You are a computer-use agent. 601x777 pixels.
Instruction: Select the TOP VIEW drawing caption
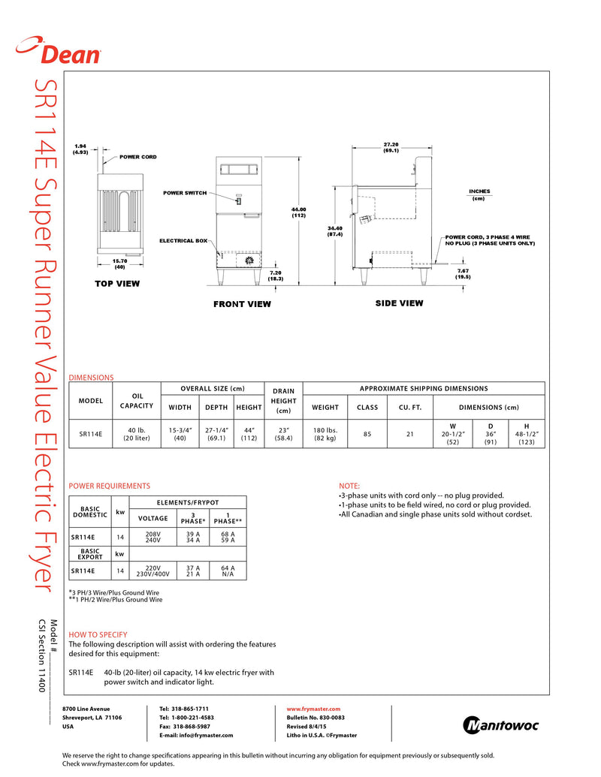117,284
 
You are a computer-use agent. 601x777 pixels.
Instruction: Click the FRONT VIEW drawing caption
242,304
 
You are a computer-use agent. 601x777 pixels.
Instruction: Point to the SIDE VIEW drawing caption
399,303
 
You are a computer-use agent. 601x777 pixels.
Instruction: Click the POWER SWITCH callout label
185,193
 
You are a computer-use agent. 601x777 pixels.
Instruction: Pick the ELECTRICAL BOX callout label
183,241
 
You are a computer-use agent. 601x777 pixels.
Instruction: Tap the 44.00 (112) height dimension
298,212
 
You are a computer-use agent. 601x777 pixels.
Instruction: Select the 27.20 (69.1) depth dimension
391,147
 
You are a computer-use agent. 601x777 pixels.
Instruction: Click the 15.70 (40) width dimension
119,264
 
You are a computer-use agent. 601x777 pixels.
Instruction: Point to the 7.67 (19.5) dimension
463,273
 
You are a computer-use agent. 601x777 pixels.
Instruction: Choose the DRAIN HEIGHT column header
283,400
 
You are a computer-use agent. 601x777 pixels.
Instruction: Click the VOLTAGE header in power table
153,518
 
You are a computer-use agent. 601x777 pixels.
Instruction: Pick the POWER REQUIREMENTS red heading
109,486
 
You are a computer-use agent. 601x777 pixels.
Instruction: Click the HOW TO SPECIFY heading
98,634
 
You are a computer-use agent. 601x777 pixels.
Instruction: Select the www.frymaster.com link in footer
314,709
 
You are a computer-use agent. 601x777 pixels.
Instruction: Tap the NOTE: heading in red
349,486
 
